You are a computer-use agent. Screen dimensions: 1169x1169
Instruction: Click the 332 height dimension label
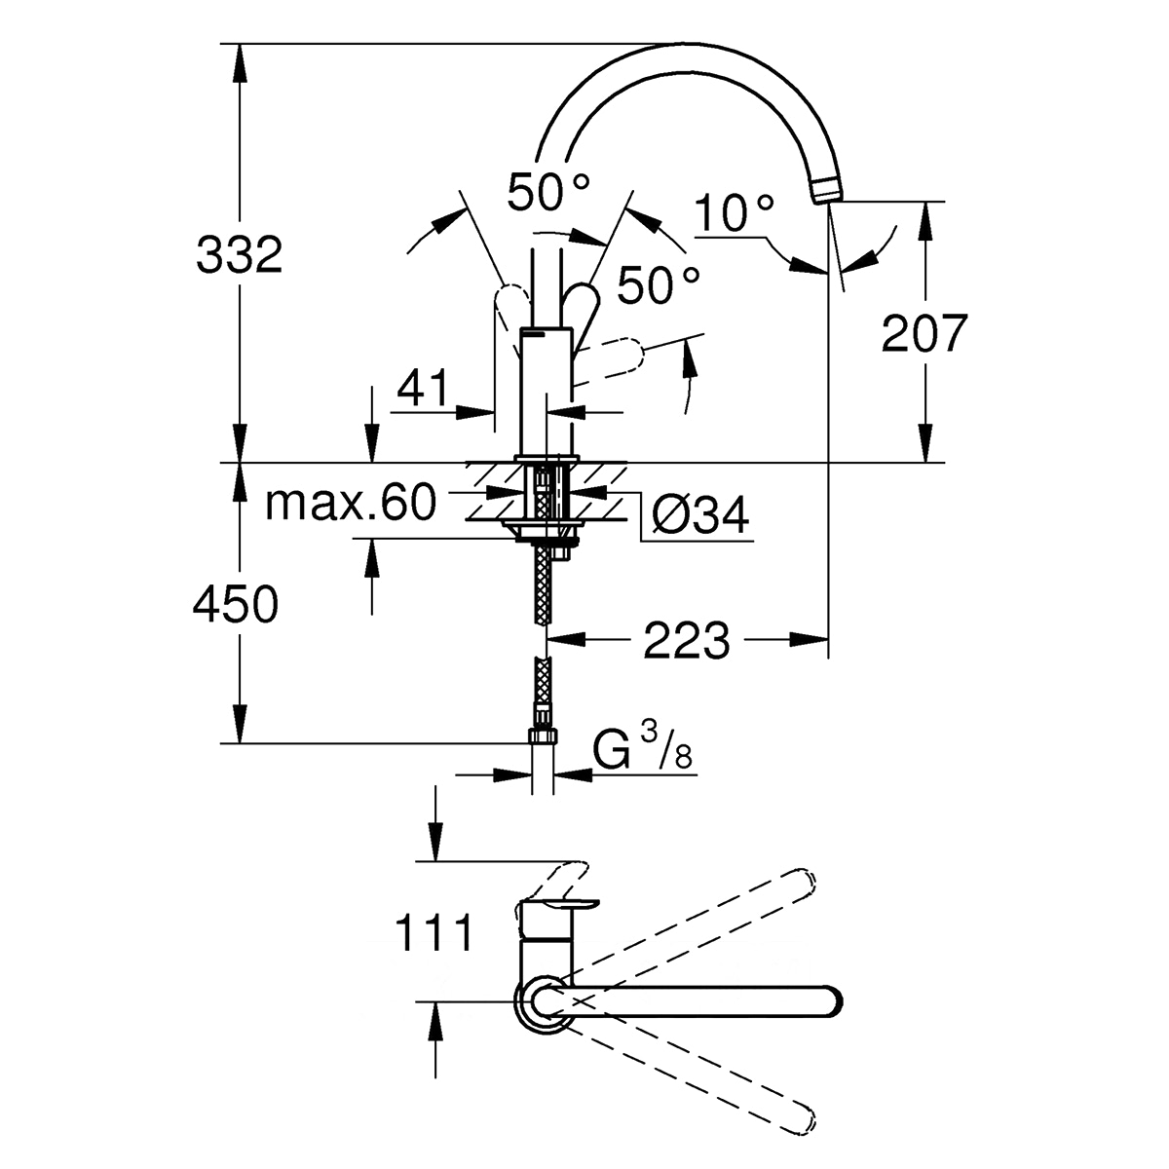pos(239,255)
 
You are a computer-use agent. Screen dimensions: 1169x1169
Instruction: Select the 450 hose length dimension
pos(236,604)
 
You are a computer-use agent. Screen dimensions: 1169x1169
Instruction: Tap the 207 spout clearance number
pos(924,333)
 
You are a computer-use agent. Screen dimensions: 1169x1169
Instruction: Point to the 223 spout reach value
pos(686,641)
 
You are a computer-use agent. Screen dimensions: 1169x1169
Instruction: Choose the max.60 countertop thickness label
pos(351,502)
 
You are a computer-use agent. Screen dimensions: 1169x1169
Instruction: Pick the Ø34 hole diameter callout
pos(700,515)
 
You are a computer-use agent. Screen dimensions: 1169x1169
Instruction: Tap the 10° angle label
pos(735,212)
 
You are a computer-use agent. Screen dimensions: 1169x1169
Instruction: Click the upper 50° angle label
pos(548,192)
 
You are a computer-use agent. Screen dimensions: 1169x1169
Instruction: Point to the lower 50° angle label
pos(659,284)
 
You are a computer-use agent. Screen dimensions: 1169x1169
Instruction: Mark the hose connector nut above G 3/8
pos(544,735)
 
